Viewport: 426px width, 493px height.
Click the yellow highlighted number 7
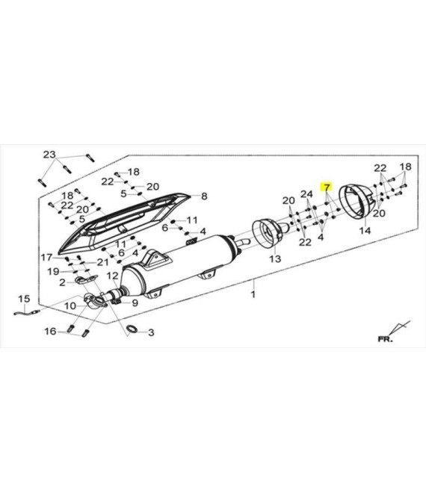point(327,187)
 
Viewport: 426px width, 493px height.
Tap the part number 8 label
point(204,196)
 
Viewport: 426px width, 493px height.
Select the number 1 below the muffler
point(253,294)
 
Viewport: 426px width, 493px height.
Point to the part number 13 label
point(275,258)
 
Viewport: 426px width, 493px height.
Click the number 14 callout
point(365,231)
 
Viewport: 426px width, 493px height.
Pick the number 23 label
point(49,155)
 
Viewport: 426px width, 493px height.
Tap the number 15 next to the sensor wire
point(24,299)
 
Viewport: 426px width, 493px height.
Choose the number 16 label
point(50,331)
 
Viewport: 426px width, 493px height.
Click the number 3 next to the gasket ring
point(151,332)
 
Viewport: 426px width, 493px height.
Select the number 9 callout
point(135,303)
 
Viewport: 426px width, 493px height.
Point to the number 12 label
point(112,276)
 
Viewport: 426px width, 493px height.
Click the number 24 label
point(306,194)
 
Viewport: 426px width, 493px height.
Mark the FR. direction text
point(386,339)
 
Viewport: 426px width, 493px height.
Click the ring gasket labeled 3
point(132,329)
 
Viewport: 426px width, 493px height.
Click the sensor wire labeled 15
point(27,312)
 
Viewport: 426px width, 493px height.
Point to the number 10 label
point(70,306)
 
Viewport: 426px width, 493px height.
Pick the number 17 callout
point(46,258)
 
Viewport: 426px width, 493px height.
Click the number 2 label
point(62,282)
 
